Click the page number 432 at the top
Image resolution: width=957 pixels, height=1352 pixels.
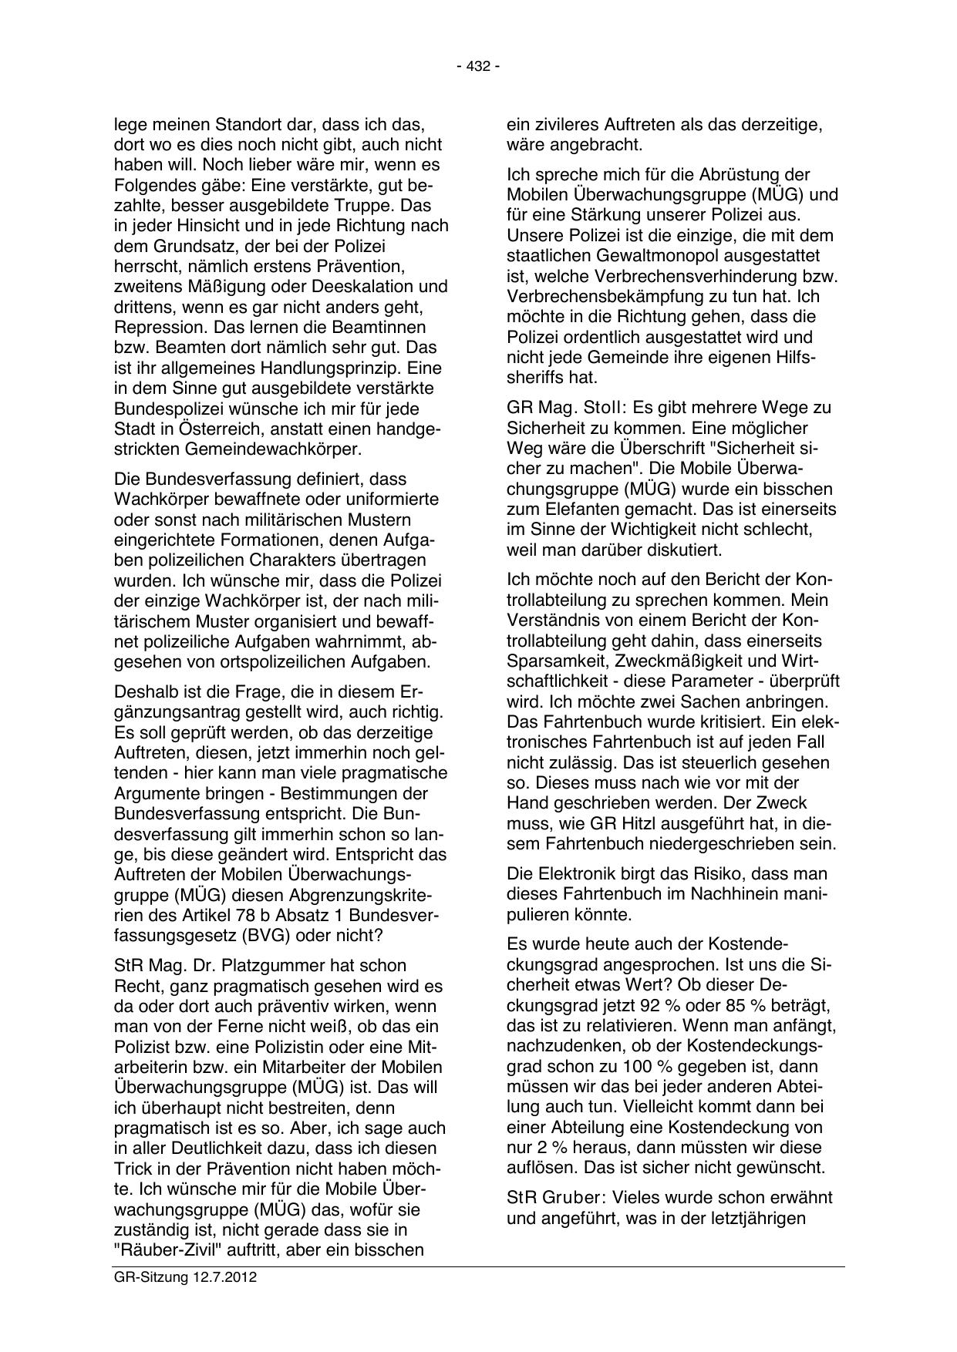478,67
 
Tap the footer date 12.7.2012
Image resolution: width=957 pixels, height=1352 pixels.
220,1277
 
